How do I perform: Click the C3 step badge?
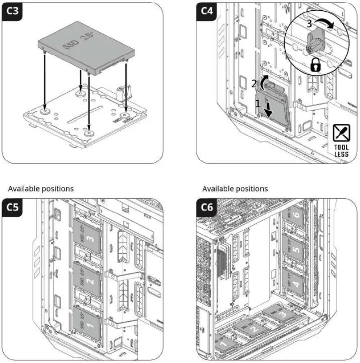tap(13, 12)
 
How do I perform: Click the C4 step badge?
tap(207, 12)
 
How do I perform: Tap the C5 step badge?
tap(13, 208)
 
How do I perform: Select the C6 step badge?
tap(207, 208)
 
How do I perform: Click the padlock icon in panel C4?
tap(315, 66)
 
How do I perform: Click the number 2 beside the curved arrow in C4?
tap(254, 83)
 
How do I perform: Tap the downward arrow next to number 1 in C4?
tap(268, 110)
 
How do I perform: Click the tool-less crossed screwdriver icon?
tap(341, 133)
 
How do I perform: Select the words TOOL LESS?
tap(341, 150)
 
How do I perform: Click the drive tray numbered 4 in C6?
tap(294, 284)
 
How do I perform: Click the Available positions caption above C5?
tap(40, 188)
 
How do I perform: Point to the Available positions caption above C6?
tap(235, 188)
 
